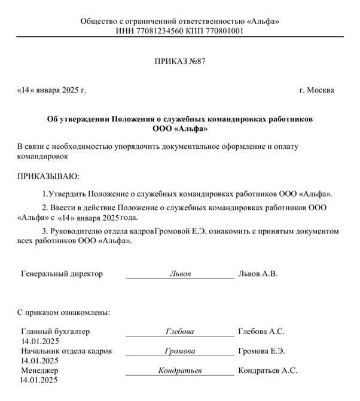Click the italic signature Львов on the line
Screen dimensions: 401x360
[180, 274]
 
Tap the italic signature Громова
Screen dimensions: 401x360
[180, 351]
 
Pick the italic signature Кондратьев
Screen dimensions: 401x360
[180, 371]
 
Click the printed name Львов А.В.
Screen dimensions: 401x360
[258, 274]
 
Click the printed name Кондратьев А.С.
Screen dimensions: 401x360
[268, 371]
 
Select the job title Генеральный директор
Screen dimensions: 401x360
[62, 274]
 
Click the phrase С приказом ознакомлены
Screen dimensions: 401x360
[63, 312]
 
